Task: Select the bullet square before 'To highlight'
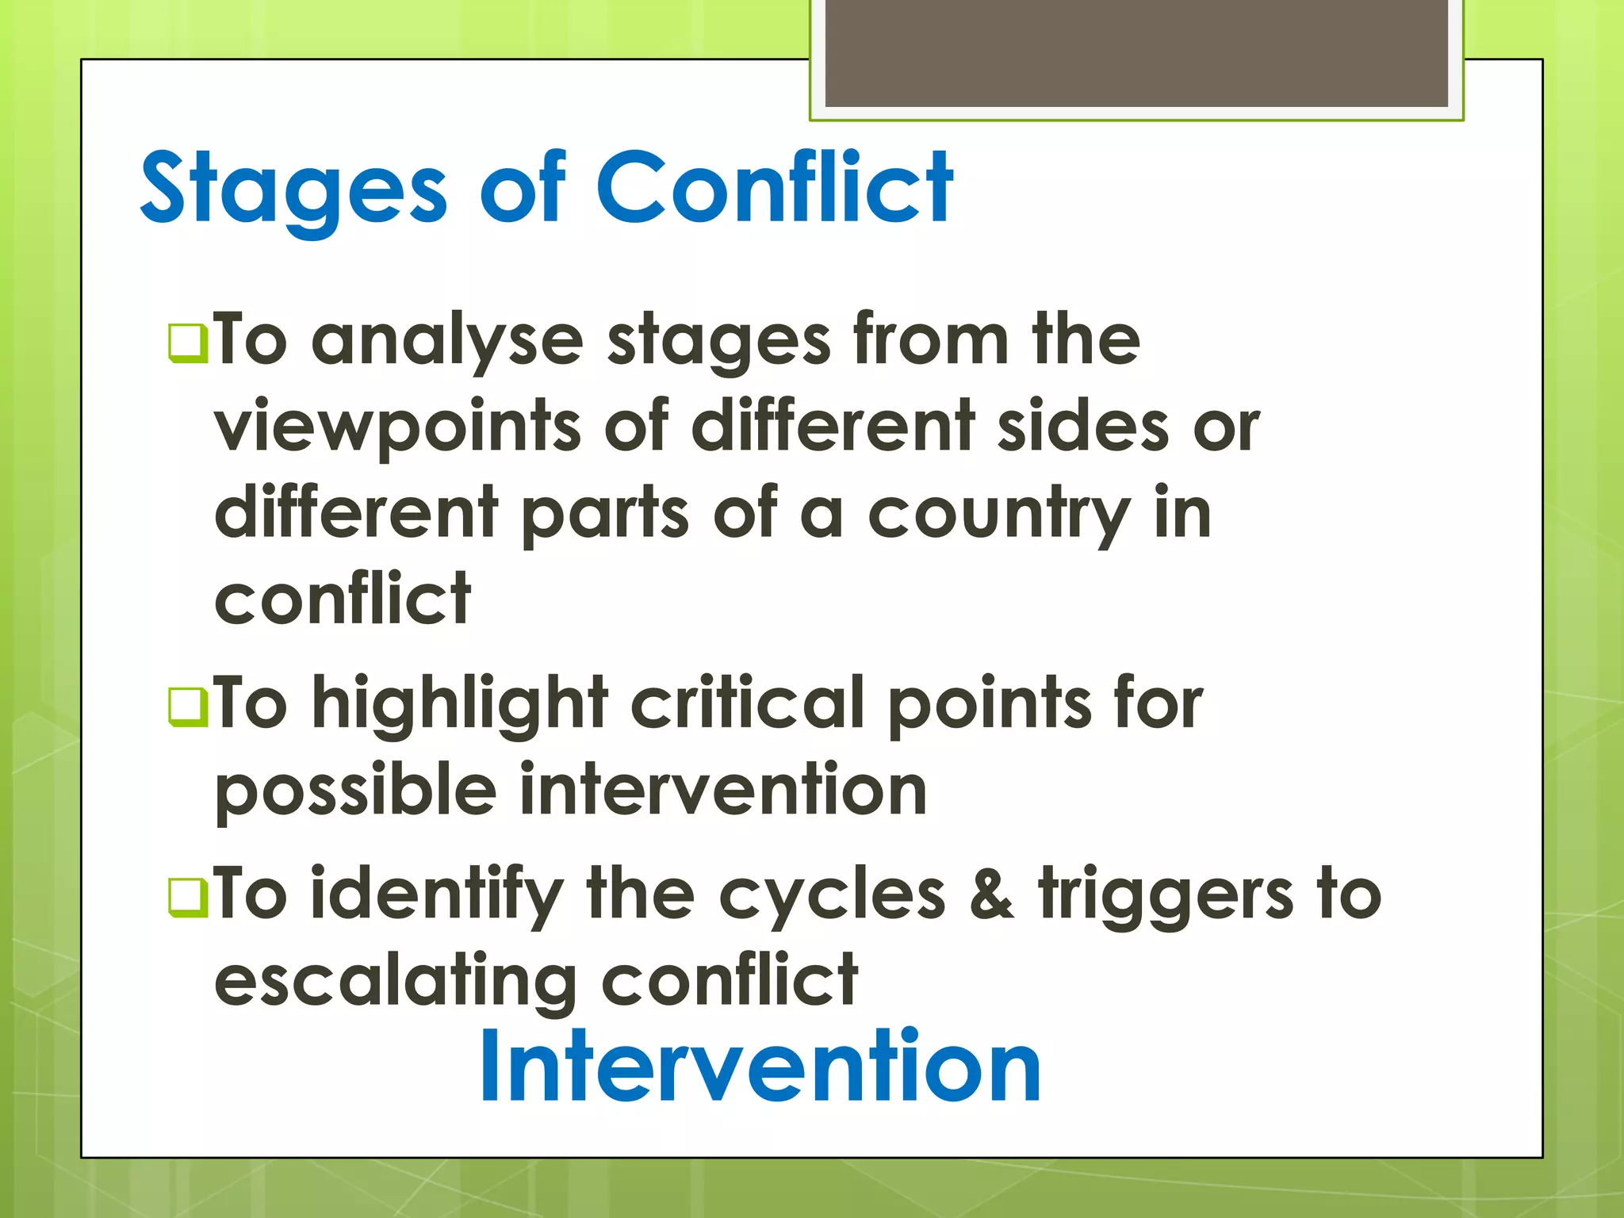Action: pyautogui.click(x=188, y=706)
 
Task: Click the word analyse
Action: pyautogui.click(x=447, y=341)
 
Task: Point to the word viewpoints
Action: pyautogui.click(x=397, y=428)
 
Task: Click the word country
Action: pyautogui.click(x=998, y=515)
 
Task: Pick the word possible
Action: pyautogui.click(x=355, y=791)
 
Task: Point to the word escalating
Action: pyautogui.click(x=395, y=982)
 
